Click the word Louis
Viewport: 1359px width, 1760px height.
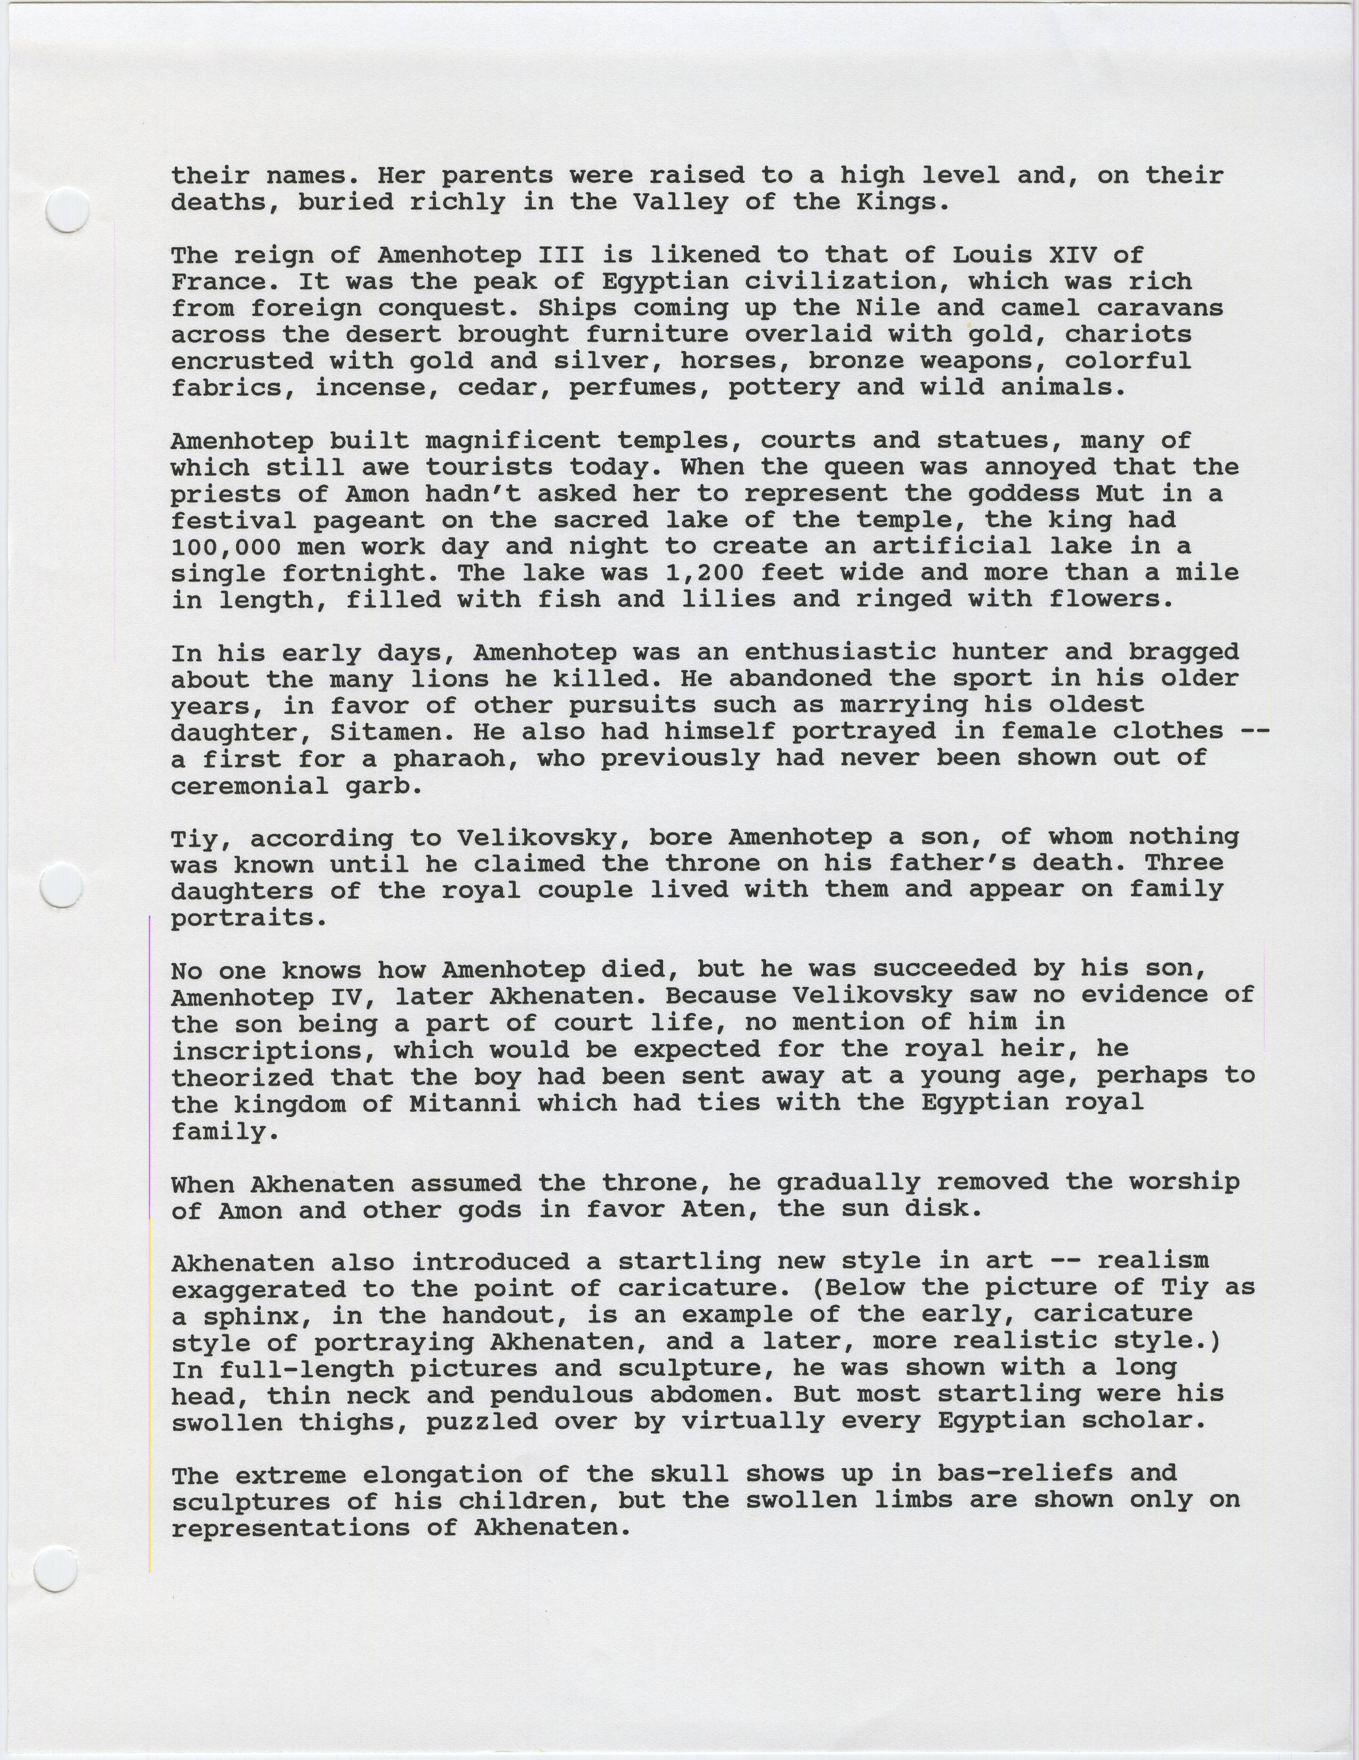[992, 256]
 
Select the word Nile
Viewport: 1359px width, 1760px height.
[896, 308]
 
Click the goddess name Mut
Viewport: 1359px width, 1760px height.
[1119, 493]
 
